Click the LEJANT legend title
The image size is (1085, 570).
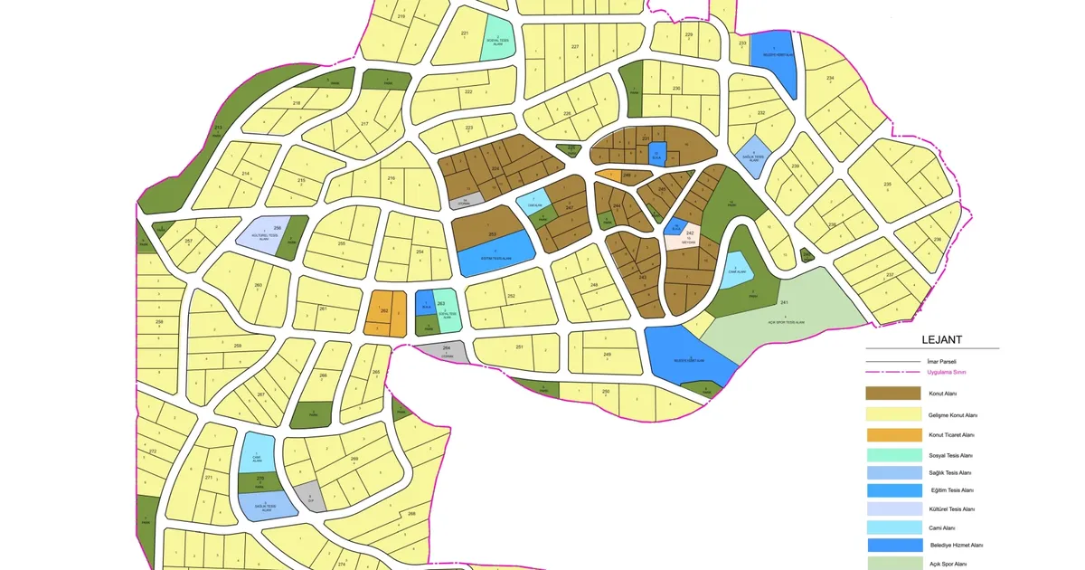(x=941, y=340)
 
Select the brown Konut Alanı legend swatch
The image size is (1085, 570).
(x=892, y=394)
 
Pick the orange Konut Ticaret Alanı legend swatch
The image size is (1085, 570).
(x=892, y=435)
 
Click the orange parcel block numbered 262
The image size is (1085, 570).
(x=384, y=313)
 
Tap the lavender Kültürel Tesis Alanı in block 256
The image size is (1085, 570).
(x=261, y=233)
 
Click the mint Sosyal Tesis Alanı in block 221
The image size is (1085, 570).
(x=495, y=37)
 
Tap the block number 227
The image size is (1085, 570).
(x=574, y=46)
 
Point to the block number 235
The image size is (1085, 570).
(x=887, y=185)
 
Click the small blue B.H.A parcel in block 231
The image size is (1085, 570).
(x=657, y=154)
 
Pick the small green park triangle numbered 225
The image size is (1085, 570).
(x=569, y=149)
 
